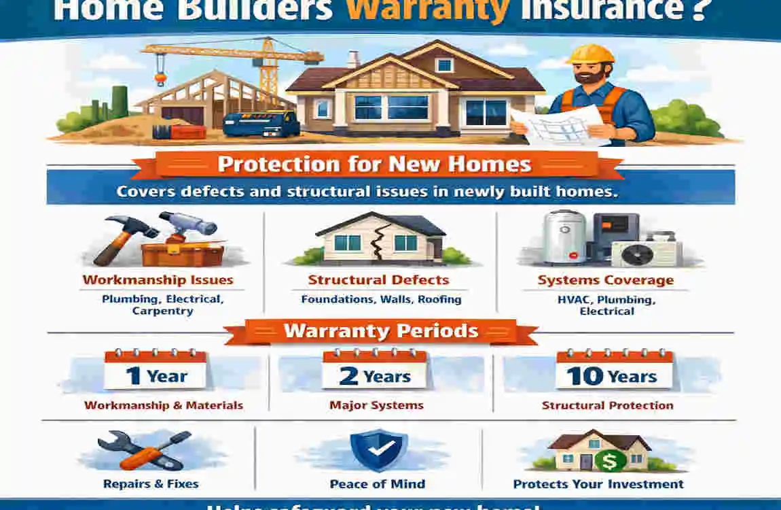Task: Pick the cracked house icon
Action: click(x=378, y=239)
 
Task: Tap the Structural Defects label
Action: click(x=378, y=280)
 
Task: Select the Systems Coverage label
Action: click(x=606, y=280)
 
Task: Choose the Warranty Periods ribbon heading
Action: click(x=381, y=331)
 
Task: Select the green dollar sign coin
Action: click(x=609, y=460)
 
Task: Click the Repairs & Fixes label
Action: click(x=151, y=484)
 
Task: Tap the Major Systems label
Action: click(x=376, y=405)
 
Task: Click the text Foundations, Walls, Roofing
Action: click(x=381, y=299)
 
